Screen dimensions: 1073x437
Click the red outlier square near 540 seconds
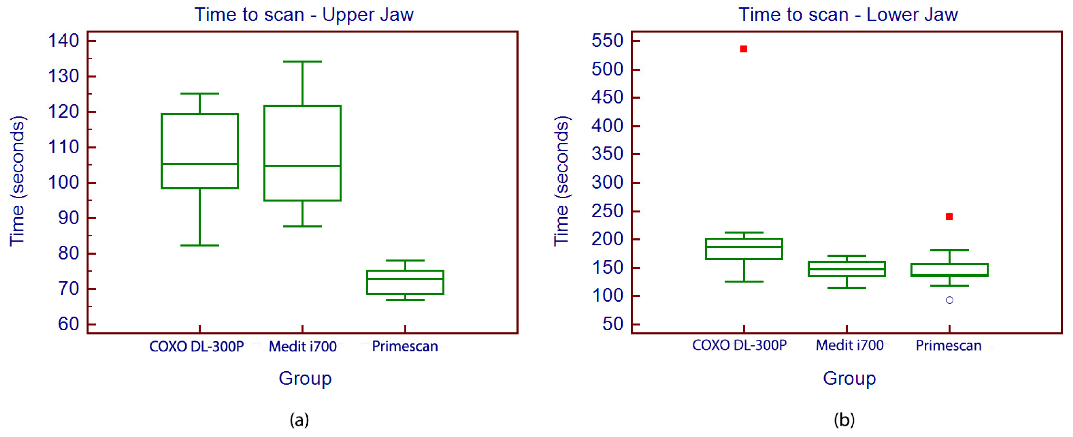pos(743,49)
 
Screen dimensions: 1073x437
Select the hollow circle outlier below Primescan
pos(949,300)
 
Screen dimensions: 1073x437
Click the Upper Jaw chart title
pos(304,15)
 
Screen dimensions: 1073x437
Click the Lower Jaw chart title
pos(848,15)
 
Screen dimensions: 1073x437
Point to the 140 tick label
pos(63,41)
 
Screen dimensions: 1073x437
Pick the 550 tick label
pos(607,41)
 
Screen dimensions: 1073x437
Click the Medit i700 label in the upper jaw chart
pos(302,346)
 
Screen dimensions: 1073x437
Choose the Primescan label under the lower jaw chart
pos(948,345)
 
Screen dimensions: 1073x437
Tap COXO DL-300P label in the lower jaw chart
pos(739,345)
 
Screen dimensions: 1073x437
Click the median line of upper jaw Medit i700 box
pos(302,166)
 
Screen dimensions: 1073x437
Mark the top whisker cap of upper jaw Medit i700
pos(302,62)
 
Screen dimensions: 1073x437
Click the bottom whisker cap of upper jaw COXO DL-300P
pos(200,245)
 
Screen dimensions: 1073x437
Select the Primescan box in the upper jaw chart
pos(405,282)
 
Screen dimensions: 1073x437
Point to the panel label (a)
pos(299,419)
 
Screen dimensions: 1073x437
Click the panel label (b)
pos(844,419)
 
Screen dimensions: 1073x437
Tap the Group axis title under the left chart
pos(305,378)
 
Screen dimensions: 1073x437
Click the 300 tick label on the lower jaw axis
pos(607,182)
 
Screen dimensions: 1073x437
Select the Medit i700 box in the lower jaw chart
pos(846,269)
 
